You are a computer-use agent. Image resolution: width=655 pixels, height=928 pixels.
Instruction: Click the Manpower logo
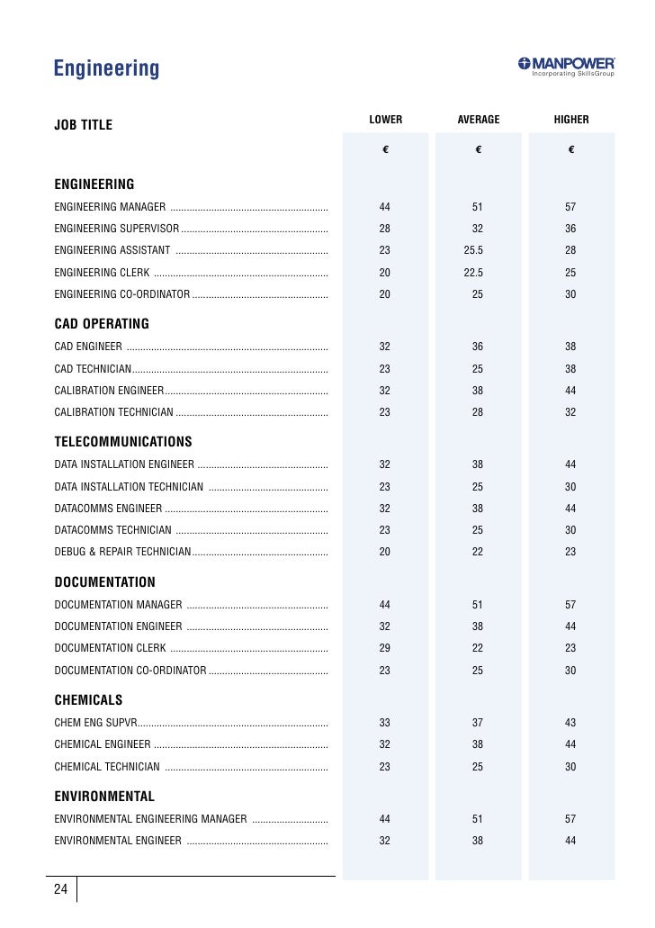coord(566,67)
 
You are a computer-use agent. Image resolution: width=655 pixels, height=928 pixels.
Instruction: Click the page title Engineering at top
coord(106,68)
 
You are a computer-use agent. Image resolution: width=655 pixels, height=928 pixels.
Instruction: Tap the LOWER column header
coord(385,120)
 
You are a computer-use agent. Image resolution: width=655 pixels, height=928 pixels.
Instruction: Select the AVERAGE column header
coord(478,120)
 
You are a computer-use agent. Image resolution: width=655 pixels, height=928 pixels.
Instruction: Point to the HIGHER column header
coord(571,120)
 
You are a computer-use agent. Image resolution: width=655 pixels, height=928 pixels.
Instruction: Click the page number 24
coord(60,889)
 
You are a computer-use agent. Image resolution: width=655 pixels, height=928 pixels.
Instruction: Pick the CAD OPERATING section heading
coord(102,324)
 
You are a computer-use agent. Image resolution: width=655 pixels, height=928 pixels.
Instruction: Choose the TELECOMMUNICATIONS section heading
coord(123,442)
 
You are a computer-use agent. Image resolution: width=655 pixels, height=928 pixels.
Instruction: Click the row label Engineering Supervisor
coord(117,229)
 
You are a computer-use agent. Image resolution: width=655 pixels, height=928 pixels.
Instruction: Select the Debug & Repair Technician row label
coord(122,552)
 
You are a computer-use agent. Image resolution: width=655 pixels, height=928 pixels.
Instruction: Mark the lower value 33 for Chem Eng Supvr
coord(385,723)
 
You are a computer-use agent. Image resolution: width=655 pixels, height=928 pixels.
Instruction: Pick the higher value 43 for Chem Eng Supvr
coord(570,723)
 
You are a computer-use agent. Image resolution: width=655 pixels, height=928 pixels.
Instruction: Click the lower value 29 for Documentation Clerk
coord(385,649)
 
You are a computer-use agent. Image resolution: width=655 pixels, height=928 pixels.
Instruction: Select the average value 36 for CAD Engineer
coord(478,347)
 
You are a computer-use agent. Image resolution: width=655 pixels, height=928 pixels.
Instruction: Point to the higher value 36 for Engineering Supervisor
coord(570,229)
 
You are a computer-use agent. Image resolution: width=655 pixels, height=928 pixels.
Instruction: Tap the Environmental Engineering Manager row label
coord(150,819)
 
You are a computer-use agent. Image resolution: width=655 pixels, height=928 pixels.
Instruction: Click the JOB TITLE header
coord(83,125)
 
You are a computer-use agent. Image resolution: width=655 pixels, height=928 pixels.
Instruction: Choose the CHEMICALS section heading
coord(88,700)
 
